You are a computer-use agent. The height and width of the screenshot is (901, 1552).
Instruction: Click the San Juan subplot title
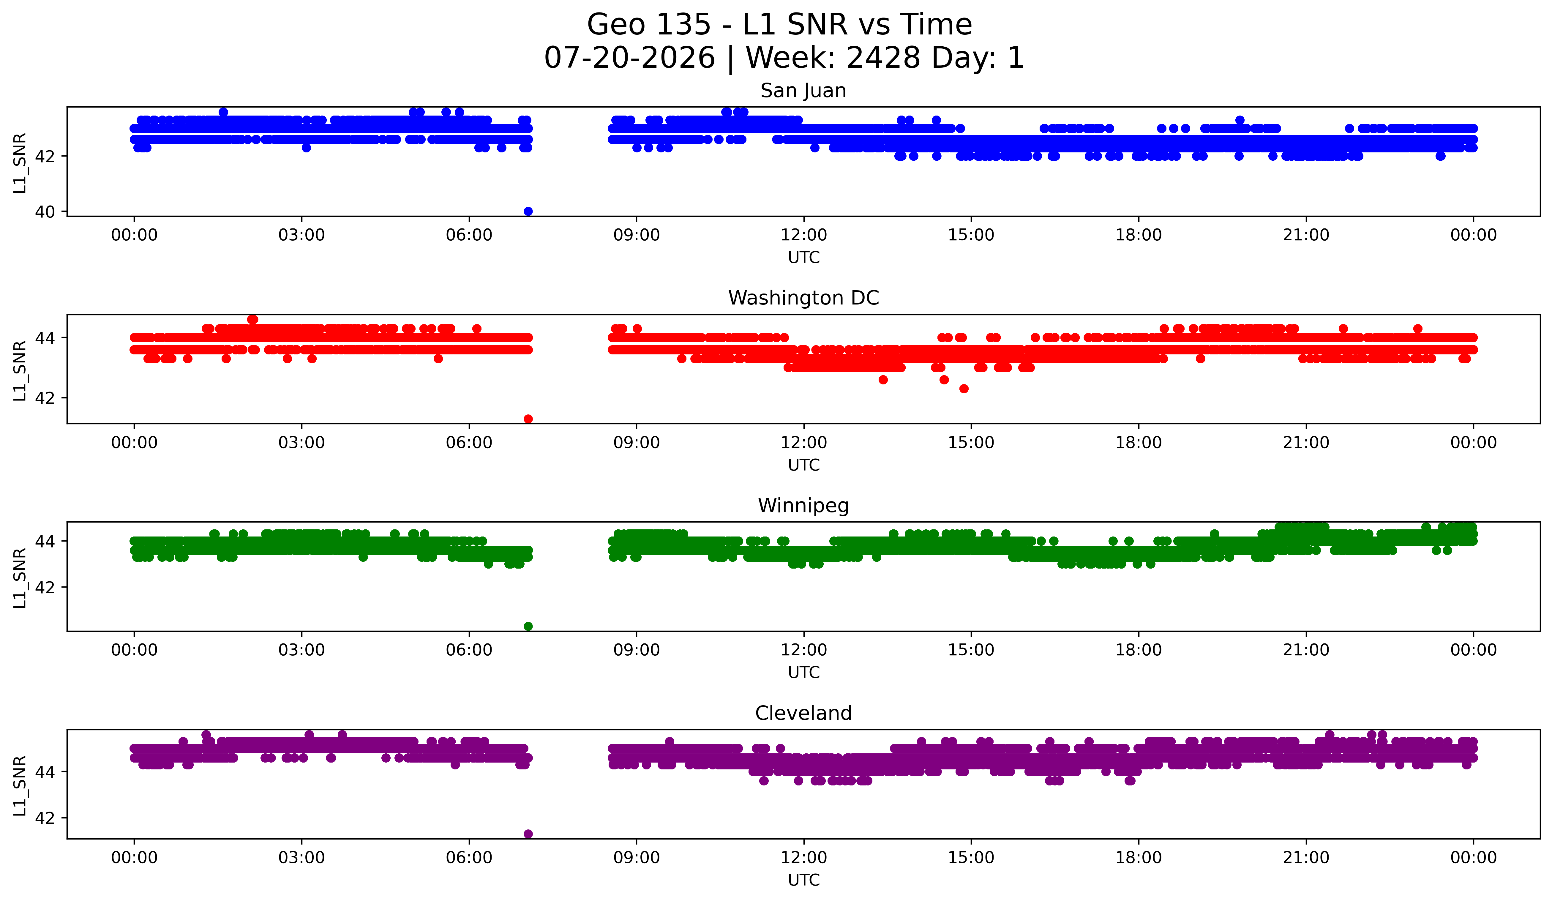point(803,91)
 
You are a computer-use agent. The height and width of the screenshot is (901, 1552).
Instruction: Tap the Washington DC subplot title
point(803,298)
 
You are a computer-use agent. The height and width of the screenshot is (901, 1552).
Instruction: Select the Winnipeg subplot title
point(803,506)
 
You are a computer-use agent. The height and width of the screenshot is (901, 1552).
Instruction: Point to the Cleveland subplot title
point(803,713)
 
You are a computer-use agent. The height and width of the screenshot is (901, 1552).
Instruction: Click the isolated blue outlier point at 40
point(528,211)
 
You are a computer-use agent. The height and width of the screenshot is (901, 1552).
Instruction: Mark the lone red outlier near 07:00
point(528,419)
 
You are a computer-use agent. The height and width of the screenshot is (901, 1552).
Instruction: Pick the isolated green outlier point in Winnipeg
point(528,626)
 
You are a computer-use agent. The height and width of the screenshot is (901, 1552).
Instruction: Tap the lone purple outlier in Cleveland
point(528,834)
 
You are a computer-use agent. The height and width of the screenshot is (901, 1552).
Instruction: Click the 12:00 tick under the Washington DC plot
point(804,442)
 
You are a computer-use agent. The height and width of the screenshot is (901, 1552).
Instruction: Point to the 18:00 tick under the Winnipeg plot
point(1138,650)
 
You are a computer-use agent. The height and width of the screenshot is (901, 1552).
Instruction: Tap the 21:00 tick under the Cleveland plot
point(1306,857)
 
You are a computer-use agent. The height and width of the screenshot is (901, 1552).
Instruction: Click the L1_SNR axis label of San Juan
point(20,162)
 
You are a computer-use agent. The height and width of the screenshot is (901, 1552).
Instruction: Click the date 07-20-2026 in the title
point(629,58)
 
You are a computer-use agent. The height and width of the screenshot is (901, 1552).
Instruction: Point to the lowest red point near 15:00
point(964,389)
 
